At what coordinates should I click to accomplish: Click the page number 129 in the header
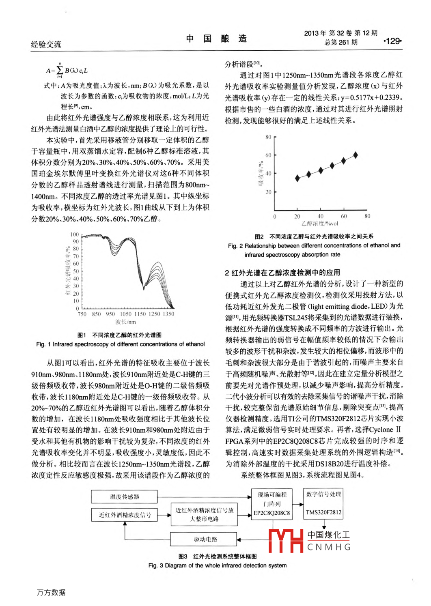point(392,41)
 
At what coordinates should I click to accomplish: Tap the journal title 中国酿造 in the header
point(216,39)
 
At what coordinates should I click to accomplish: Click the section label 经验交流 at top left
point(46,44)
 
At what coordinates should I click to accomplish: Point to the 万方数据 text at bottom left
point(51,592)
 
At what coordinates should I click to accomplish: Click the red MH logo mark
point(286,540)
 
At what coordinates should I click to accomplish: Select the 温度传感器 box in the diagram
point(125,496)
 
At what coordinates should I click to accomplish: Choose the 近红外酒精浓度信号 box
point(125,515)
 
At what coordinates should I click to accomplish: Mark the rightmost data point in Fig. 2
point(356,155)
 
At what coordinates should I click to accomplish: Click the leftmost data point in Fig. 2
point(297,178)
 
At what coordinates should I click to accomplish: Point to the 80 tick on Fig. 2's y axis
point(268,137)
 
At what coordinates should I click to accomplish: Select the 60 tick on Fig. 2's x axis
point(344,216)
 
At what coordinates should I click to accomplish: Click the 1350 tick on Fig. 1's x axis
point(168,314)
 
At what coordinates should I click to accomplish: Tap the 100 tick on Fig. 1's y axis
point(75,234)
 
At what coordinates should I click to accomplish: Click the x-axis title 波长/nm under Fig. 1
point(125,322)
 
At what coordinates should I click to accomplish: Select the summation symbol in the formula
point(60,70)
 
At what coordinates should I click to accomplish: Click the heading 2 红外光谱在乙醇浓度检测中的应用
point(282,272)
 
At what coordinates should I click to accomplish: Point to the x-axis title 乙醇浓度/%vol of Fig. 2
point(320,223)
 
